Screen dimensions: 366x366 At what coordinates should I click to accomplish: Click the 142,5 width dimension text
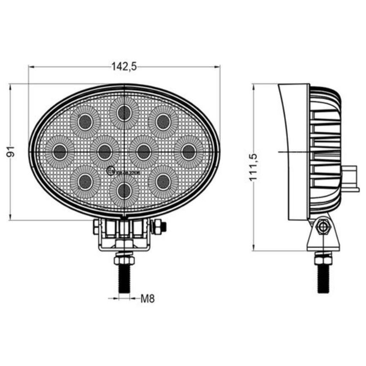[x=124, y=66]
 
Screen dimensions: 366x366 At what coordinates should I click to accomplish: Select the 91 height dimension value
[x=12, y=152]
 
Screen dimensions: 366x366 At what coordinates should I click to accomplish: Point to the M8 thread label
[x=148, y=299]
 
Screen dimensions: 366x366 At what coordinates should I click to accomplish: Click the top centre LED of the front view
[x=124, y=113]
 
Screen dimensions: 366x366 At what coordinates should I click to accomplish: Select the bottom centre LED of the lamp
[x=124, y=191]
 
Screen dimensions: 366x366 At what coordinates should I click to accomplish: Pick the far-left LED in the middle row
[x=60, y=151]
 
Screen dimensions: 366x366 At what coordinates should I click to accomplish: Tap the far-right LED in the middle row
[x=188, y=151]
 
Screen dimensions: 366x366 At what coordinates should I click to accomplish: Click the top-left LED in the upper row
[x=85, y=122]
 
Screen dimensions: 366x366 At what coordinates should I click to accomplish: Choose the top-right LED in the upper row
[x=163, y=122]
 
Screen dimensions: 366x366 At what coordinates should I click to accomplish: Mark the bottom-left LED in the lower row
[x=85, y=182]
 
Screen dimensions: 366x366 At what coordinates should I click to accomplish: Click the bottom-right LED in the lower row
[x=163, y=182]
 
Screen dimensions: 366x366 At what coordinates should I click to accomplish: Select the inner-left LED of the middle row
[x=104, y=151]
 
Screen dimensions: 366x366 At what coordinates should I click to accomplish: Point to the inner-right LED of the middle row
[x=144, y=151]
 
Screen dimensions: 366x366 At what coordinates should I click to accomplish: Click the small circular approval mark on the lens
[x=110, y=171]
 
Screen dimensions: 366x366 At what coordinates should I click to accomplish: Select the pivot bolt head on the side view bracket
[x=323, y=226]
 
